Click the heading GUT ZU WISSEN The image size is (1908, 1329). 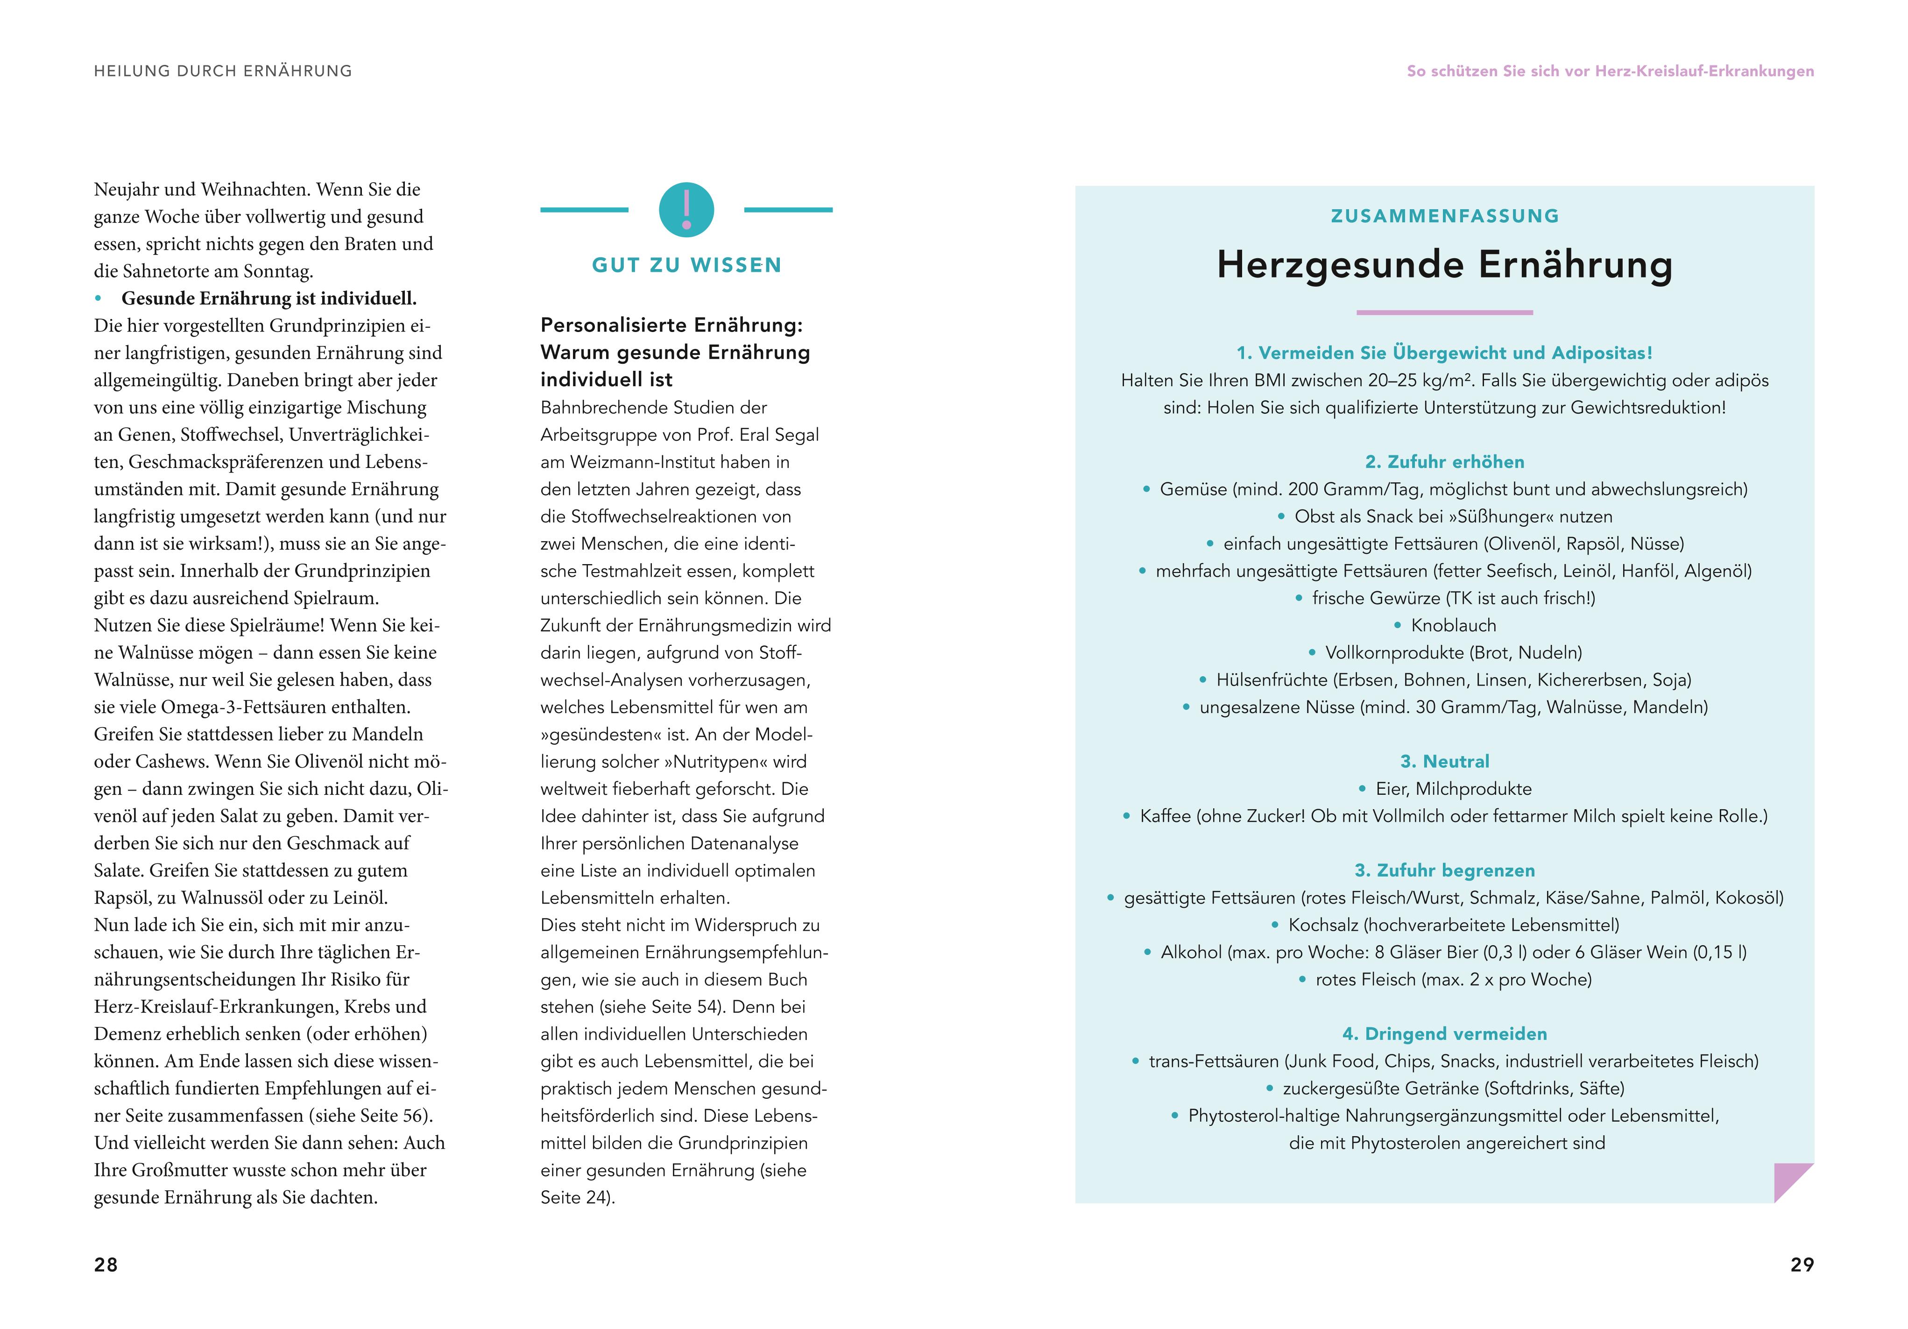click(x=686, y=265)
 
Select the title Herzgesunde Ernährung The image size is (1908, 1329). click(x=1444, y=264)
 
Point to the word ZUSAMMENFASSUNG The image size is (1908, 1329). click(x=1444, y=216)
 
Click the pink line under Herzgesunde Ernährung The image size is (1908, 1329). click(x=1444, y=312)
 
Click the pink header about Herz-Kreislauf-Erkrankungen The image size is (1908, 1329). click(x=1610, y=71)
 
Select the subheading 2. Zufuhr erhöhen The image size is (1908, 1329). click(x=1444, y=462)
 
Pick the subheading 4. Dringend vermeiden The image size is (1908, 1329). click(x=1444, y=1034)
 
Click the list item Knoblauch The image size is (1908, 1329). click(x=1453, y=626)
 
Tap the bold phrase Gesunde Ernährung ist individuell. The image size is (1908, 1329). click(x=269, y=298)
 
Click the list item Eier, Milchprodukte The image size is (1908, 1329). click(x=1453, y=789)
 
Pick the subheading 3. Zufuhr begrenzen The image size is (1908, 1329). click(x=1444, y=870)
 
